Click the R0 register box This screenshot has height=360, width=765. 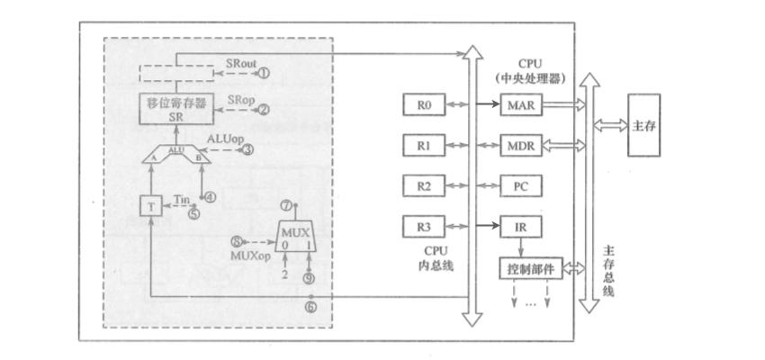click(425, 105)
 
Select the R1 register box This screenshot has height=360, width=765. click(425, 146)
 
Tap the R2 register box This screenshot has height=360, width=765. click(425, 186)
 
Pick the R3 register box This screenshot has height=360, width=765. click(425, 227)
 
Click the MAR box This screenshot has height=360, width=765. click(521, 105)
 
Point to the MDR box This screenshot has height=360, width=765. click(521, 146)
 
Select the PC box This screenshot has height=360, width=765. click(521, 186)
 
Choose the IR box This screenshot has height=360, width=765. click(521, 227)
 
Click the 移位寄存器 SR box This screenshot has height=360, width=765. click(175, 109)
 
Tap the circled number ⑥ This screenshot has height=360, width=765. click(310, 308)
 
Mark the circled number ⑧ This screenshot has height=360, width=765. click(238, 241)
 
